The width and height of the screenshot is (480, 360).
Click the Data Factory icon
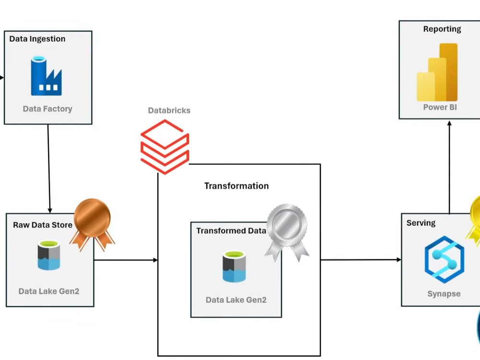pos(46,76)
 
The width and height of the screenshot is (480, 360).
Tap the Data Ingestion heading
pos(37,39)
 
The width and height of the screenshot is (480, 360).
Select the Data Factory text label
pos(48,108)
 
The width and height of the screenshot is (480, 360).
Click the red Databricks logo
pos(165,146)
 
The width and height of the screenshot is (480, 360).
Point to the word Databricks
pos(169,110)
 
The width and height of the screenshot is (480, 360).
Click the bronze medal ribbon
pos(92,225)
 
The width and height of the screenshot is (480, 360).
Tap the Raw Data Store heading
pos(43,225)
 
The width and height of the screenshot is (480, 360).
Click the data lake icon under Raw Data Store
pos(49,255)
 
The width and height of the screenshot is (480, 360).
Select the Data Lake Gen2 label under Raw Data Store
pos(48,291)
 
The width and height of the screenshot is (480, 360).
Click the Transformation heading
pos(236,186)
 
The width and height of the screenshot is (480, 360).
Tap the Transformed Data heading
pos(231,230)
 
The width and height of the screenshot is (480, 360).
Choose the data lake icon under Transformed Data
pos(234,266)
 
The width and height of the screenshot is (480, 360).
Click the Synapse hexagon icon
pos(444,260)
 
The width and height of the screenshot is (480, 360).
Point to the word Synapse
pos(444,294)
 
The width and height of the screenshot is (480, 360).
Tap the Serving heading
pos(421,223)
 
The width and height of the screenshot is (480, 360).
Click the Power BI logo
pos(437,72)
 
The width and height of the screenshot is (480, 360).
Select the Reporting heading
pos(442,29)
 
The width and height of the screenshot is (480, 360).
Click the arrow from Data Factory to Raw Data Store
pos(49,168)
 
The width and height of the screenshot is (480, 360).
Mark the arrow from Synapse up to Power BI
pos(449,167)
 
